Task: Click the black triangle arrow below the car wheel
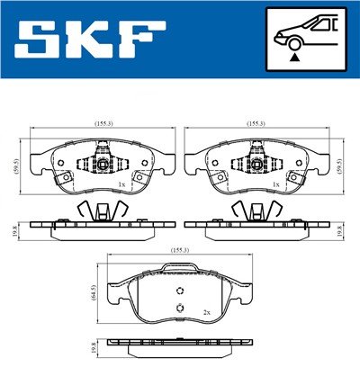[x=293, y=56]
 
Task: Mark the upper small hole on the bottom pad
[x=181, y=291]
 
